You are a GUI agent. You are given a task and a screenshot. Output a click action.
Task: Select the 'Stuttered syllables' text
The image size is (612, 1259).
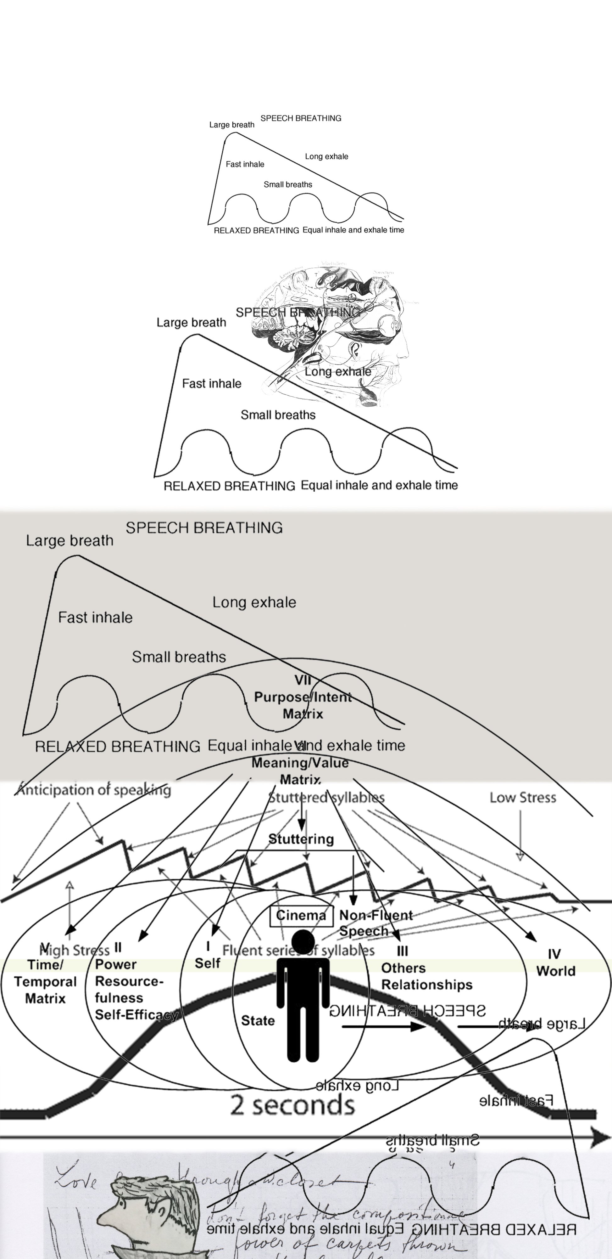[326, 798]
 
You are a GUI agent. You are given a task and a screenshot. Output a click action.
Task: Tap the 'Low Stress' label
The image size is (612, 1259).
[523, 798]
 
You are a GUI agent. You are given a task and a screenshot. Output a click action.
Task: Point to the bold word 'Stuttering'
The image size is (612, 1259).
[301, 839]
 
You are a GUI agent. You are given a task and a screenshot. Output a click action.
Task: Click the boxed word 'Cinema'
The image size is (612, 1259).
[301, 915]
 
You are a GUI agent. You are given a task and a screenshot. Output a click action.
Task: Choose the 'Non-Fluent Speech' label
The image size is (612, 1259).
[376, 923]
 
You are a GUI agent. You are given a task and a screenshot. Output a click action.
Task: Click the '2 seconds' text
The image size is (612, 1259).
[292, 1105]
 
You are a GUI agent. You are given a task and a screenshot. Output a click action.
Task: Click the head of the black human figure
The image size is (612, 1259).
[303, 941]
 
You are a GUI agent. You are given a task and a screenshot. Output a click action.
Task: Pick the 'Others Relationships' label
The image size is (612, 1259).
[426, 976]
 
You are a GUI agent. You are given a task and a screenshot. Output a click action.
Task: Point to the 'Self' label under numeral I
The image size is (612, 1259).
[208, 963]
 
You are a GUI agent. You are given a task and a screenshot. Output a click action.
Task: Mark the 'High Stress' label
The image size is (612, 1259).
[74, 950]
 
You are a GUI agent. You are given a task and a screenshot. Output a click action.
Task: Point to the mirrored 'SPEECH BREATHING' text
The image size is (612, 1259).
[407, 1011]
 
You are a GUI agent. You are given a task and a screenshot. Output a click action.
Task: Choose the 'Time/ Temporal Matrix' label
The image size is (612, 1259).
[45, 981]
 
